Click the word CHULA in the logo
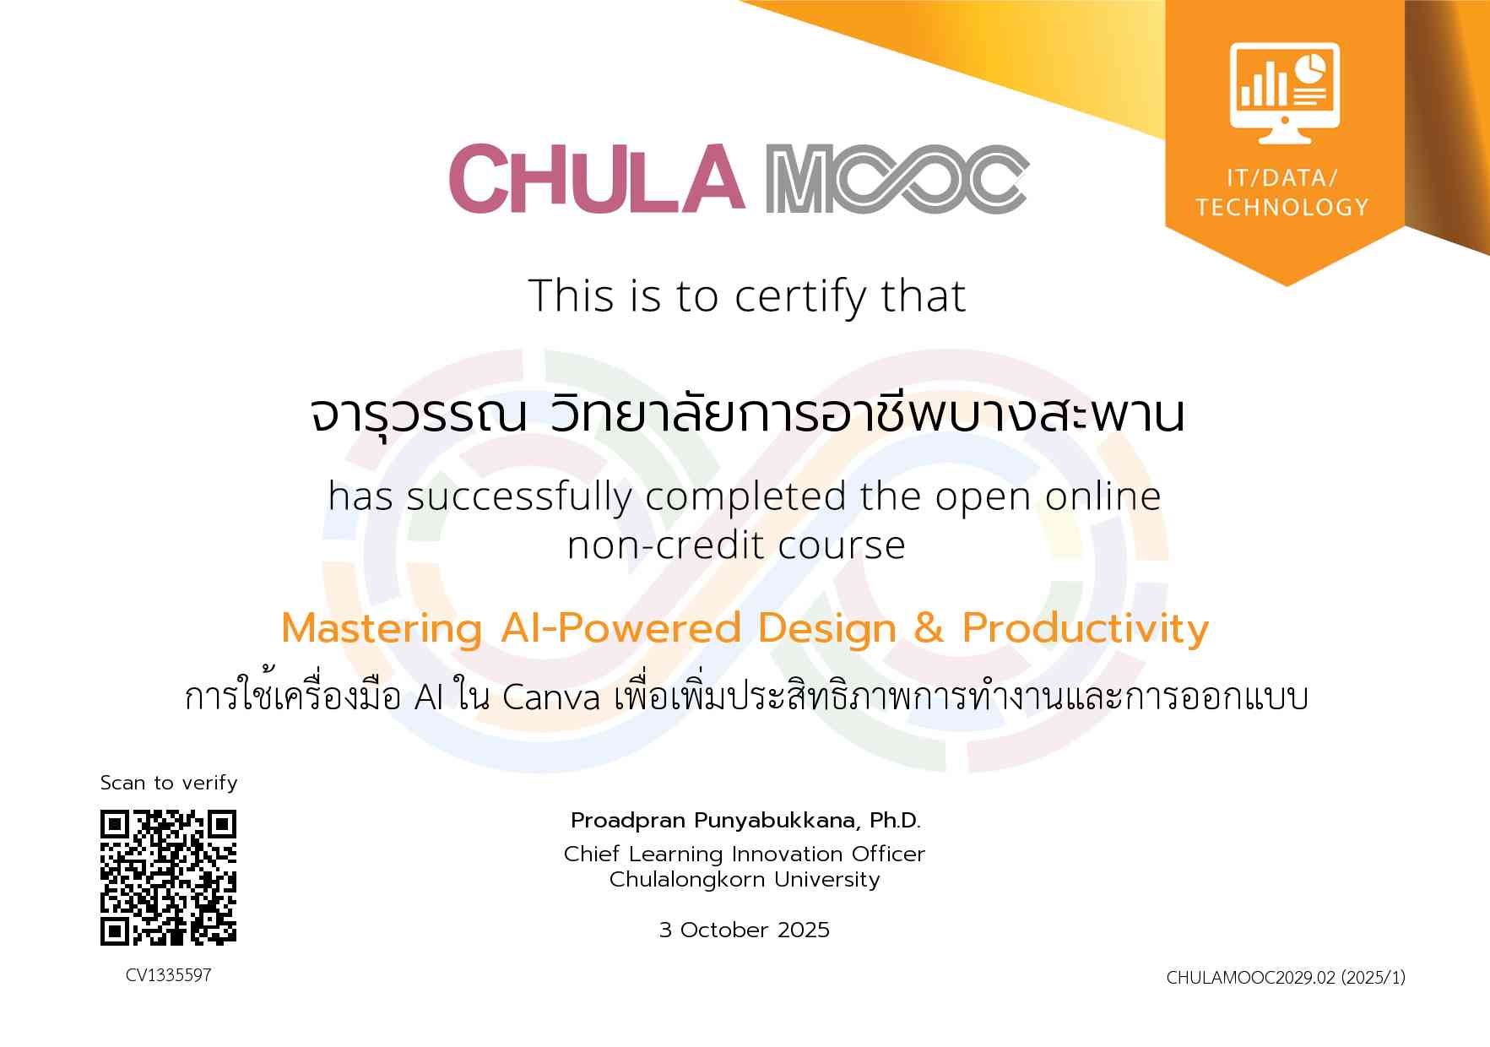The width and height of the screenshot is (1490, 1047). click(x=596, y=178)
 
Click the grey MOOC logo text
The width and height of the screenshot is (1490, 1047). click(x=897, y=179)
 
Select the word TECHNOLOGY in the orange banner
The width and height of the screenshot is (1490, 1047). click(x=1282, y=207)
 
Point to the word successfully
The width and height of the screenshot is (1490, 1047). click(x=519, y=496)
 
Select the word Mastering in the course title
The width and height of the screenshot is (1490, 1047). click(x=382, y=629)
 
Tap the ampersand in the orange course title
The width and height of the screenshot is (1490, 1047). click(x=929, y=628)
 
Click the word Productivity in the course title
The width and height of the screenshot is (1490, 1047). click(x=1086, y=629)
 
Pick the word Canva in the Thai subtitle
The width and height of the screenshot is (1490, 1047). click(x=551, y=698)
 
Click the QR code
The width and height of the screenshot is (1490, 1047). click(x=169, y=877)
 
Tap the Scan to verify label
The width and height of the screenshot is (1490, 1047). click(x=169, y=783)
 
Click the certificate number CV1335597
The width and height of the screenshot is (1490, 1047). click(x=169, y=975)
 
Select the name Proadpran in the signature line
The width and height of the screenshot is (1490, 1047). click(x=628, y=821)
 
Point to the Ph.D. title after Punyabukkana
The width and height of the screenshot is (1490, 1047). click(x=895, y=820)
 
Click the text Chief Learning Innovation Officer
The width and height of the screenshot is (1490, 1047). click(x=745, y=854)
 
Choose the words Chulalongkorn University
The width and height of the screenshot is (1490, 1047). click(x=745, y=880)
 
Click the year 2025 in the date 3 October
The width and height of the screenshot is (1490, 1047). click(x=804, y=930)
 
